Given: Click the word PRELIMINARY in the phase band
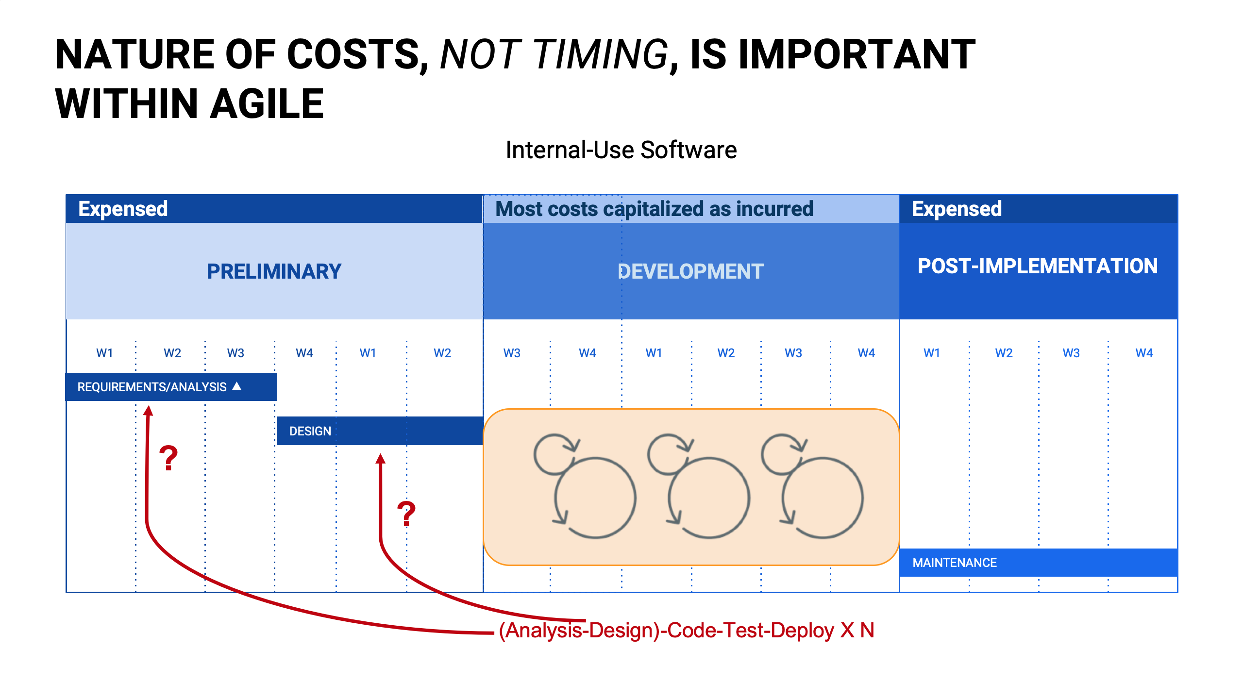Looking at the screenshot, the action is point(274,271).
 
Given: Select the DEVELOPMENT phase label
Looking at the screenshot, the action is point(690,271).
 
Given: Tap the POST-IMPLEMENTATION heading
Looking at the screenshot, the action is point(1038,266).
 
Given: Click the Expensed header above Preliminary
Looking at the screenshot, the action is point(123,209).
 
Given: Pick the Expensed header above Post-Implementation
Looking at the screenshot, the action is point(957,209).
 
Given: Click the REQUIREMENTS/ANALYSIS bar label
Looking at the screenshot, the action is point(152,387).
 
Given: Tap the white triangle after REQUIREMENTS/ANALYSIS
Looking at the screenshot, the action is point(237,386).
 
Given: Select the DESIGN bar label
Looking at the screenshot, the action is point(310,431).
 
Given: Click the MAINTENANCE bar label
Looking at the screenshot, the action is point(955,563).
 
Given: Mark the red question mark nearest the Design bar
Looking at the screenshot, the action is point(407,514).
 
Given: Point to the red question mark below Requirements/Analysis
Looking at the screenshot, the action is point(168,458).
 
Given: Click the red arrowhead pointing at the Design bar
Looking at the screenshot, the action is point(381,459).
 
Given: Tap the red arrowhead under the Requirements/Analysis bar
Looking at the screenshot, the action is point(149,411).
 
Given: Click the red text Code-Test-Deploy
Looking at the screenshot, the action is point(751,631).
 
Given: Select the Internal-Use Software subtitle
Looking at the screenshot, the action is point(621,150).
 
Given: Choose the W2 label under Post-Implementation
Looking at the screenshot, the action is point(1004,353).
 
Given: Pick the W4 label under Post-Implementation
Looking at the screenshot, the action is point(1144,353).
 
